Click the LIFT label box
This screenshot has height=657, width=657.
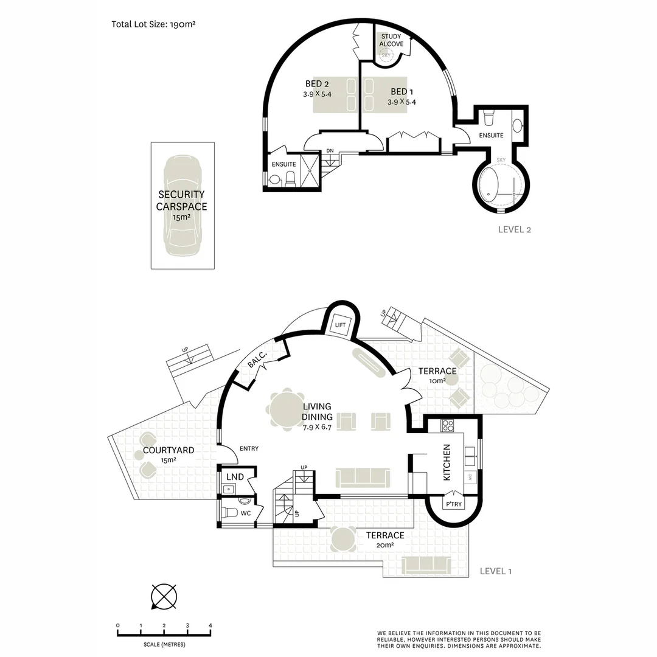pos(340,325)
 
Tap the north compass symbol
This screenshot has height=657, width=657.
pos(163,596)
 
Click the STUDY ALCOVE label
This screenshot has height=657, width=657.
pos(392,41)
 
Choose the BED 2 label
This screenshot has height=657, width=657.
pos(317,84)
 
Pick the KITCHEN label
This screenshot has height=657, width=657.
pos(447,462)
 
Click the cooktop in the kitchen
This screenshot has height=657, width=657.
pos(448,425)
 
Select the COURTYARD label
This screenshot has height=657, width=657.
pos(168,451)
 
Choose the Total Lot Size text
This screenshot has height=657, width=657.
pos(153,25)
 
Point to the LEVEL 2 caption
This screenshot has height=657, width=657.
pos(515,229)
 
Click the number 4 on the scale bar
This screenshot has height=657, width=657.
pos(210,625)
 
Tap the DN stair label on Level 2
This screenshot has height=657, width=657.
pos(330,151)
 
